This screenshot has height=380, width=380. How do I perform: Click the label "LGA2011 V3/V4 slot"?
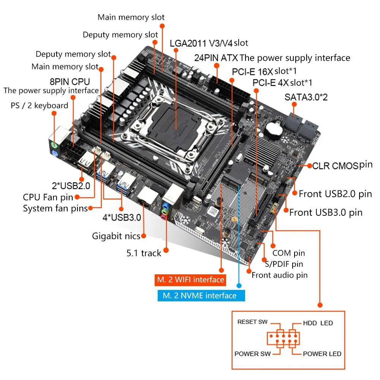click(x=209, y=43)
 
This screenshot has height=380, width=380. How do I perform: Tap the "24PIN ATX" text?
click(x=216, y=58)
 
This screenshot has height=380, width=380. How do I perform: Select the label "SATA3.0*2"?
click(x=306, y=97)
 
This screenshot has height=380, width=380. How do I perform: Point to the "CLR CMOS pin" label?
click(x=342, y=165)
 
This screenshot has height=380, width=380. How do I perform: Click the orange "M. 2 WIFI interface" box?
click(x=190, y=280)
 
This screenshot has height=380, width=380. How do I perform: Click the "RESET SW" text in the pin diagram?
click(x=252, y=322)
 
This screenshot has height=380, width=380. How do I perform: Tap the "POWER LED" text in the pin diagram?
click(x=322, y=354)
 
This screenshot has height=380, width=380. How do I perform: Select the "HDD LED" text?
click(x=318, y=323)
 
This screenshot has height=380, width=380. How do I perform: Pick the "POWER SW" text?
click(x=251, y=354)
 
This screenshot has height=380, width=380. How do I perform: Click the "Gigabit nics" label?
click(x=116, y=236)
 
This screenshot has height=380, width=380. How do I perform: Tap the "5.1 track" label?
click(x=144, y=253)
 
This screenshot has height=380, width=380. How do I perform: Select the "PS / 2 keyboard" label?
click(x=40, y=105)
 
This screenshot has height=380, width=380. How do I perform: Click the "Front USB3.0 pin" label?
click(x=326, y=212)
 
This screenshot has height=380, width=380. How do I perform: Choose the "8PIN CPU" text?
click(x=70, y=81)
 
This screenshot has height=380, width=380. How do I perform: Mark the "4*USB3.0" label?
click(x=122, y=218)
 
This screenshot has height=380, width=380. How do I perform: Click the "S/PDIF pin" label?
click(x=284, y=263)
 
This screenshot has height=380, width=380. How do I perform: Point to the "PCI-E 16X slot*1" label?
click(x=264, y=71)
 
